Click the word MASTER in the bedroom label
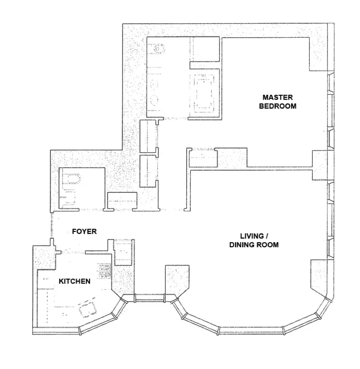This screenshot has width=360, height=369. tap(278, 98)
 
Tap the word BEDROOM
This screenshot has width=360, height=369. tap(278, 107)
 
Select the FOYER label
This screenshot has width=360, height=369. tap(85, 231)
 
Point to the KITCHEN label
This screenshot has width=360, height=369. tap(75, 282)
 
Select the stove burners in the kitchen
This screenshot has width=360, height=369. tap(104, 271)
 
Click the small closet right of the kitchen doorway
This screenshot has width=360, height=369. tap(122, 253)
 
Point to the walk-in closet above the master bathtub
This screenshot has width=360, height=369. tap(205, 49)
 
